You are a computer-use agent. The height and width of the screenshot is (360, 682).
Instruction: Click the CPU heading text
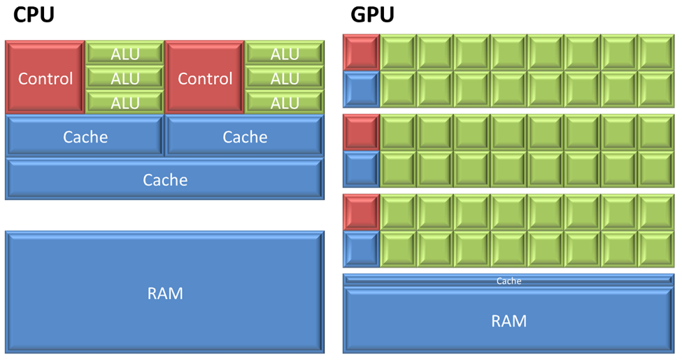point(34,15)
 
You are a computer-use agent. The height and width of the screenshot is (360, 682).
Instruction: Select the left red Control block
point(45,78)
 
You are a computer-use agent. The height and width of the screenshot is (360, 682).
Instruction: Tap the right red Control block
point(204,78)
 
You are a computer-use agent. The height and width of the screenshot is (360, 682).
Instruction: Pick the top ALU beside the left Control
point(125,53)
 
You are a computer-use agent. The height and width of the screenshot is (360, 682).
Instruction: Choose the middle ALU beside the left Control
point(125,78)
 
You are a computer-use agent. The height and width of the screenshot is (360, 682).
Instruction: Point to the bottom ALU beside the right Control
point(284,102)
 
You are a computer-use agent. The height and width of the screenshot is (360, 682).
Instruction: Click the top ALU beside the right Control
point(284,53)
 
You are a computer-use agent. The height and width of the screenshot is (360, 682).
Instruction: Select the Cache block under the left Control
point(85,136)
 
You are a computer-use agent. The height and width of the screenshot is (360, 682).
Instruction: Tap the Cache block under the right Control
point(244,136)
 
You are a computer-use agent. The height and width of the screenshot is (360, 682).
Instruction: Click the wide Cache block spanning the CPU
point(164,179)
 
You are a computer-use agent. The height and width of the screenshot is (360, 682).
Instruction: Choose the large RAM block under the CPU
point(164,292)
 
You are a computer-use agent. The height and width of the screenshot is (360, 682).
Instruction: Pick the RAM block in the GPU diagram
point(509,320)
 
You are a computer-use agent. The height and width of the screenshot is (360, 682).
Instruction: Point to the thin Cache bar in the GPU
point(509,280)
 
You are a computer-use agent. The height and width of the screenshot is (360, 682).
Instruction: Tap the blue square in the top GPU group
point(361,89)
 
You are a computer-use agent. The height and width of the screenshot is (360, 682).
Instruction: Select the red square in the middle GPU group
point(361,132)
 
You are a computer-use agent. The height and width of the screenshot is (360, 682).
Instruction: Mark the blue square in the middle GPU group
point(361,168)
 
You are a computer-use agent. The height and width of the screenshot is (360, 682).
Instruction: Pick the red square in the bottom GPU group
point(361,213)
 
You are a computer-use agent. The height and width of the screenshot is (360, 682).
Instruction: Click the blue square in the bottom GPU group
point(361,249)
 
